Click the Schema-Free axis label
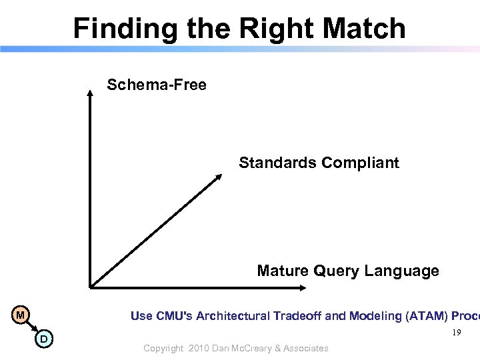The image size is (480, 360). tap(157, 85)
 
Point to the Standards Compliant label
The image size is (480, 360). tap(319, 163)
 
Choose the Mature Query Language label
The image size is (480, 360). tap(348, 271)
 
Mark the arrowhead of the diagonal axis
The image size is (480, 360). tap(218, 177)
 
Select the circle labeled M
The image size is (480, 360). tap(21, 315)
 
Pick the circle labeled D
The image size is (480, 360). tap(43, 340)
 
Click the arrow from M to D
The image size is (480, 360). tap(32, 327)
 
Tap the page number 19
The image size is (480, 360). tap(456, 333)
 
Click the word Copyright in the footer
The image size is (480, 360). tap(163, 348)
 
